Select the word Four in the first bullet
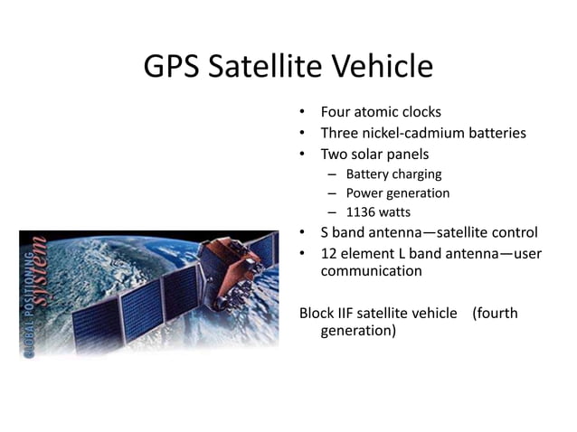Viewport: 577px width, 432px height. tap(336, 113)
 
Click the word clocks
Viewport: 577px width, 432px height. tap(420, 113)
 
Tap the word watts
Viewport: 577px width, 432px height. tap(394, 212)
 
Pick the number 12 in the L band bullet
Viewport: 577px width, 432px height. tap(329, 253)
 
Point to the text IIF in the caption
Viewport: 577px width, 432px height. tap(348, 314)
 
